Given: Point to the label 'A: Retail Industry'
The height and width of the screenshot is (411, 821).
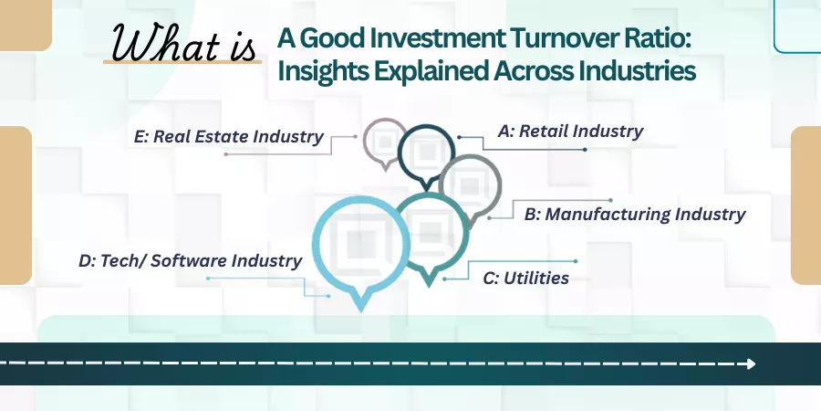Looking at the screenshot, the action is [x=570, y=131].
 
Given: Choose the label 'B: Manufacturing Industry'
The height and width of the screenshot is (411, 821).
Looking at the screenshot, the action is [x=635, y=215].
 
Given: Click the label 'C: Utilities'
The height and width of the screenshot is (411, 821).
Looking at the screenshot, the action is [x=525, y=278].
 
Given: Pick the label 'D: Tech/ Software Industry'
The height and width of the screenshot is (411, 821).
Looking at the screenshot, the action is [x=190, y=260].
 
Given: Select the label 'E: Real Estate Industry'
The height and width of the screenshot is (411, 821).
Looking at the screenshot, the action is [x=228, y=137].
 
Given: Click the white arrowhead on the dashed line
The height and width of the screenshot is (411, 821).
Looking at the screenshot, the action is [x=752, y=364].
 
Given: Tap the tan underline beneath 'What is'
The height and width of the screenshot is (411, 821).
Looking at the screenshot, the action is [x=182, y=62].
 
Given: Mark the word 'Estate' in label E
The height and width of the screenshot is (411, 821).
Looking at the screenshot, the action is [x=222, y=137].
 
